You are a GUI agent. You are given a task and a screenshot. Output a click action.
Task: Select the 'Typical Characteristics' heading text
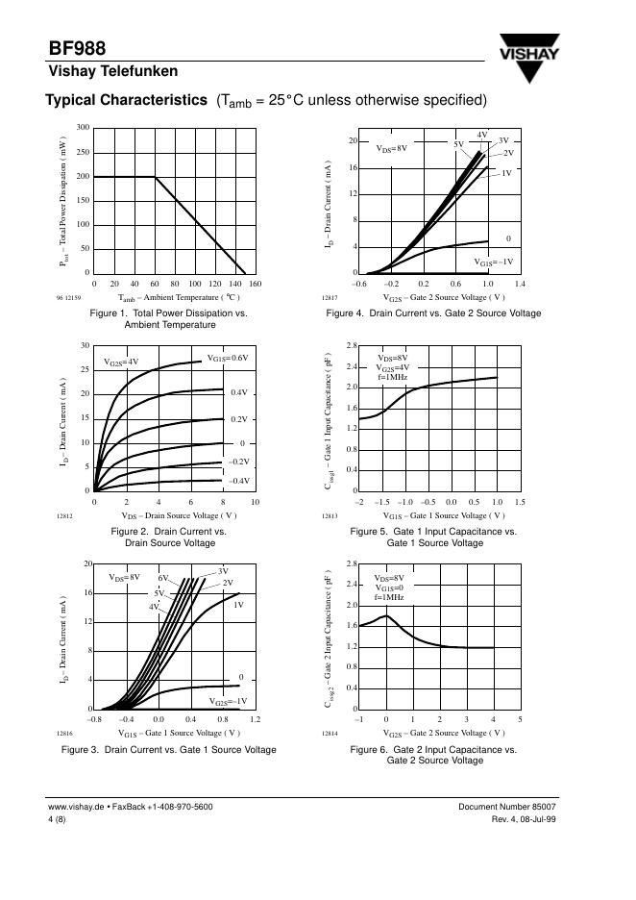[126, 101]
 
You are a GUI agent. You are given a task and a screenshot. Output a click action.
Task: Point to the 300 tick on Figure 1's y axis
[84, 128]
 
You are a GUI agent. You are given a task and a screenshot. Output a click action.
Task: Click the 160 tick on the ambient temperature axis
[255, 285]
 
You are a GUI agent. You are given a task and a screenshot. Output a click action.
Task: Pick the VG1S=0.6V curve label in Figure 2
[228, 358]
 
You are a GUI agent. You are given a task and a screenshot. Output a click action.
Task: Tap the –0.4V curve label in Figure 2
[239, 480]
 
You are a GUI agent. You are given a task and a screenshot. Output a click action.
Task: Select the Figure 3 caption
[168, 749]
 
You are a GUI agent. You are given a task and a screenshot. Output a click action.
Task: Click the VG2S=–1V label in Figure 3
[228, 701]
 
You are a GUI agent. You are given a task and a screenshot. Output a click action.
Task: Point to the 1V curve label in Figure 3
[238, 605]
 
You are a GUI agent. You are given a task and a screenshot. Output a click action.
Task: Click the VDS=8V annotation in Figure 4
[391, 148]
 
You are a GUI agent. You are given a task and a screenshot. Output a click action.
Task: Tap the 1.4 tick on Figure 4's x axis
[520, 285]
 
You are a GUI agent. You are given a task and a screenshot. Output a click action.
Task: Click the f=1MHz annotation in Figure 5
[391, 377]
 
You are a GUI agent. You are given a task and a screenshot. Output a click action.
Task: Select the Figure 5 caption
[433, 537]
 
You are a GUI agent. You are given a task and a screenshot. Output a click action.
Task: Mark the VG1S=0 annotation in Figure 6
[390, 587]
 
